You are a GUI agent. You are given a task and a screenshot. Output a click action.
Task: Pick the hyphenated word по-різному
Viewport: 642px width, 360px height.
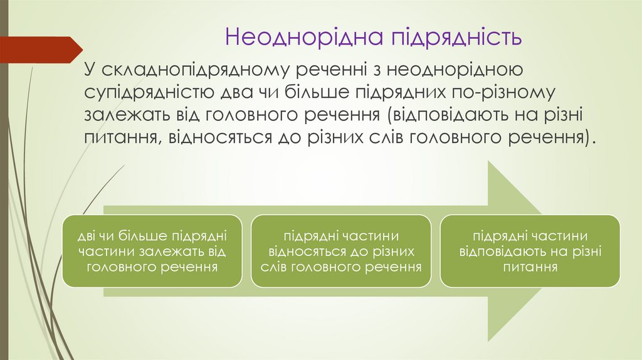coord(508,93)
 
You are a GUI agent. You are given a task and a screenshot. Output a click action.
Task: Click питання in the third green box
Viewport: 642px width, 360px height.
coord(530,267)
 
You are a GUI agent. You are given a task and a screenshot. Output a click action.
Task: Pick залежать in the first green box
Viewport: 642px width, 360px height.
coord(168,251)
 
